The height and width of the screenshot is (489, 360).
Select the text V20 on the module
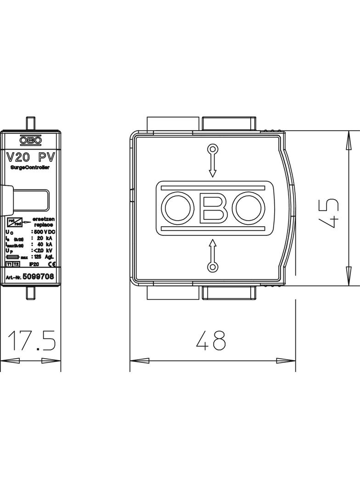18,157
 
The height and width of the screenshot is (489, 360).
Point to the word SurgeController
30,168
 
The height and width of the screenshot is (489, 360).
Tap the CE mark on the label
52,265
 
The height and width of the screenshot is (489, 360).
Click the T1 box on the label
9,265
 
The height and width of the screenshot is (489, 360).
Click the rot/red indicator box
15,222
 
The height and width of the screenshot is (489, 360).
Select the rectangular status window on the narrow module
31,200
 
